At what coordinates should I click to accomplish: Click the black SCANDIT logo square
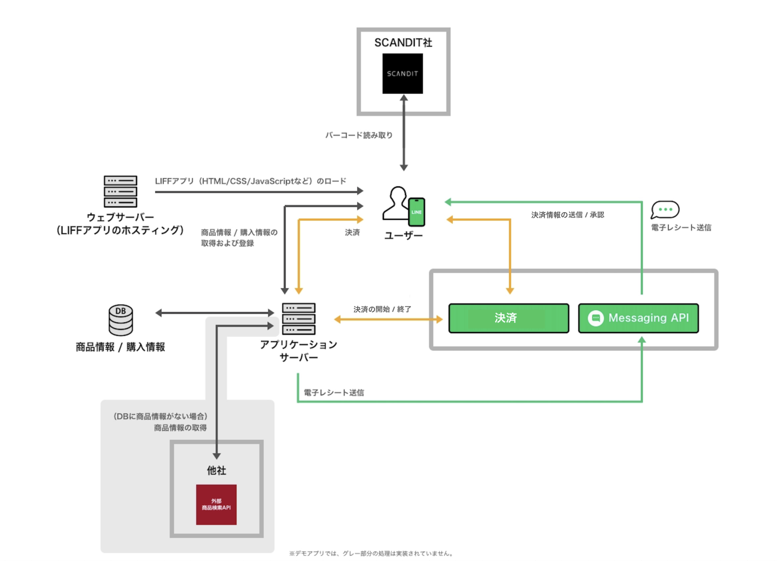[402, 73]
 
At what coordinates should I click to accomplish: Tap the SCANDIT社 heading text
[403, 43]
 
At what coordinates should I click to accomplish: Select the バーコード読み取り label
[359, 135]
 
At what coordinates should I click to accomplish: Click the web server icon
[120, 191]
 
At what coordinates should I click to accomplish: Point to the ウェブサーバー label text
[120, 217]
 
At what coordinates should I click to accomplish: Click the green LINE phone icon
[416, 212]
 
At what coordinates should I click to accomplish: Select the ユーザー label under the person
[403, 235]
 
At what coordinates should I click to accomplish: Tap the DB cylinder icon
[121, 320]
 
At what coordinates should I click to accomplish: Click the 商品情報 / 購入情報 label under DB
[120, 347]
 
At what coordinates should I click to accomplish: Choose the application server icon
[299, 319]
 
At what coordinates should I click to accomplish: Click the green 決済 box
[508, 318]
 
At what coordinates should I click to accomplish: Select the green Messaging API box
[638, 318]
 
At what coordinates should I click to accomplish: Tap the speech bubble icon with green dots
[665, 209]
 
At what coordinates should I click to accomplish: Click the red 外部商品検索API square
[216, 504]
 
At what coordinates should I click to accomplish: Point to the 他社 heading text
[216, 470]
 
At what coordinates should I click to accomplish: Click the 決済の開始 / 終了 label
[382, 309]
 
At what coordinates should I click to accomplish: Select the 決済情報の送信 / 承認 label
[567, 215]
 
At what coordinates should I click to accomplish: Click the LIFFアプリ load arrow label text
[250, 181]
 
